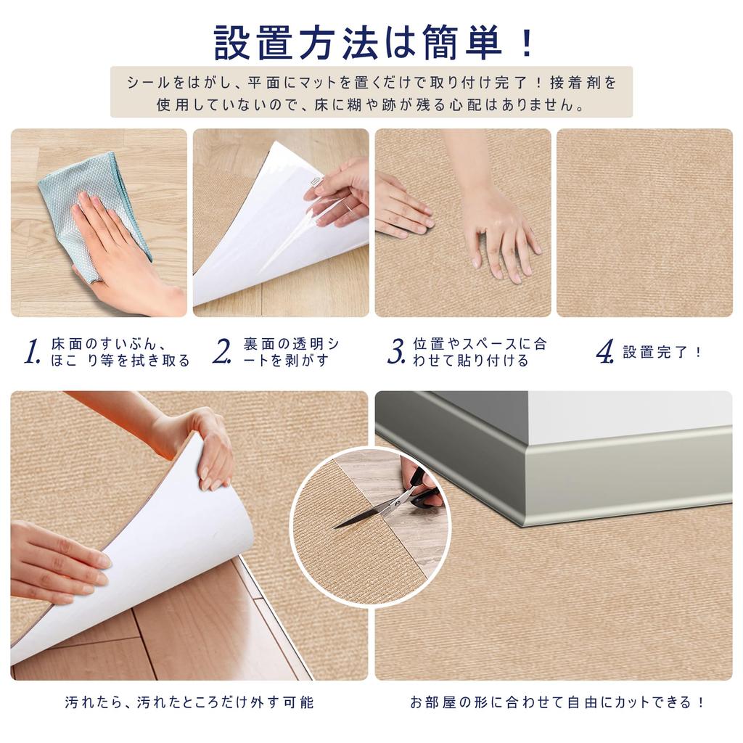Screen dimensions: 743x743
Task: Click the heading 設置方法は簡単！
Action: [371, 42]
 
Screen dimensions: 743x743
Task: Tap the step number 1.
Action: [31, 352]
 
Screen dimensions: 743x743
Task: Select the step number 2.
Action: [222, 352]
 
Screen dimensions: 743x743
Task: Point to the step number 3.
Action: [396, 352]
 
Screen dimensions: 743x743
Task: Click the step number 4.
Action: [605, 352]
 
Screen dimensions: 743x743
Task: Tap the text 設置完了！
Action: [662, 353]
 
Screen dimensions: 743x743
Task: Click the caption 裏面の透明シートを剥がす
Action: [290, 352]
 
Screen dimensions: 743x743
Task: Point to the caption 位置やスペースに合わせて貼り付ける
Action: [480, 352]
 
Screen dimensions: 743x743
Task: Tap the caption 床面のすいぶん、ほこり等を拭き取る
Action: [120, 352]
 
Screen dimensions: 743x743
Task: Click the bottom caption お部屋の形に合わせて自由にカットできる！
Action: [557, 702]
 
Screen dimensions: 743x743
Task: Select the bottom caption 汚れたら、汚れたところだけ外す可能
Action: [189, 702]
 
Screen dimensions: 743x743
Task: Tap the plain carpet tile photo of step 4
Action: [644, 222]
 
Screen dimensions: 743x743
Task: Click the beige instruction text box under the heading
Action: [371, 92]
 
